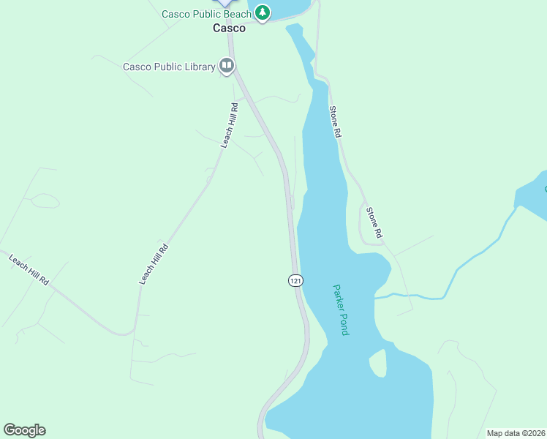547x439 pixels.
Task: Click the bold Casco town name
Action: pyautogui.click(x=229, y=29)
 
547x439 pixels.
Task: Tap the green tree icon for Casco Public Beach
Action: pyautogui.click(x=262, y=12)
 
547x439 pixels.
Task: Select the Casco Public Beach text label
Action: pyautogui.click(x=206, y=14)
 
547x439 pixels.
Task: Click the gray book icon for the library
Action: pyautogui.click(x=227, y=67)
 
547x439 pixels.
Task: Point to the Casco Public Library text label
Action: pyautogui.click(x=169, y=67)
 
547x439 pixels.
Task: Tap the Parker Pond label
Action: pyautogui.click(x=340, y=310)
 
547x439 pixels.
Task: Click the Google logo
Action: pyautogui.click(x=24, y=430)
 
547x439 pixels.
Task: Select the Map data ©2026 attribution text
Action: pyautogui.click(x=516, y=433)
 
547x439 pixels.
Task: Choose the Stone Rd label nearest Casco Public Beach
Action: pyautogui.click(x=335, y=122)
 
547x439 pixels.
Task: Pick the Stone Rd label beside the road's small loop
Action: pyautogui.click(x=374, y=223)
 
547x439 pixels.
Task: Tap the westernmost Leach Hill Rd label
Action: pyautogui.click(x=29, y=269)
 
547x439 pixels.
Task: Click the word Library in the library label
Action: pyautogui.click(x=197, y=67)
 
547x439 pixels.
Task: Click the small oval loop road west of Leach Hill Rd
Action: pyautogui.click(x=44, y=200)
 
